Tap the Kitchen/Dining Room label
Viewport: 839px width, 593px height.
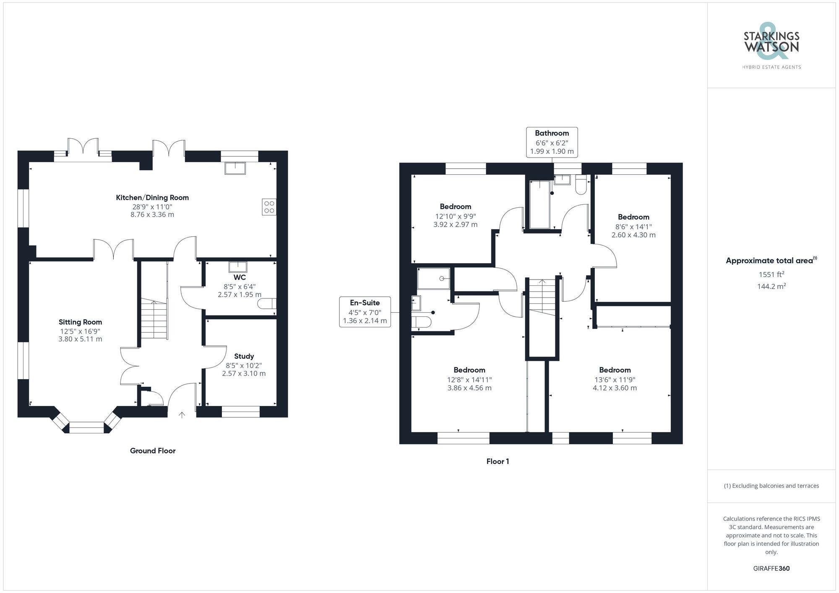pos(152,197)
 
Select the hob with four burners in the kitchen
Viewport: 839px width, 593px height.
pos(269,207)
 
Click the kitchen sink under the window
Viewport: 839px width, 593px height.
pos(235,168)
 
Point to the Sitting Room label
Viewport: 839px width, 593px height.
pos(80,322)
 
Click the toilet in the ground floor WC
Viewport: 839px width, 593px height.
pos(267,303)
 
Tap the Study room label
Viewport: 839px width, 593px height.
pos(244,356)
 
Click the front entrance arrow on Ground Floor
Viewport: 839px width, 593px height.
pos(182,415)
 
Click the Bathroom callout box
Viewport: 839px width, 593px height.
pos(552,142)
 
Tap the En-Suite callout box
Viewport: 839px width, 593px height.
pos(365,312)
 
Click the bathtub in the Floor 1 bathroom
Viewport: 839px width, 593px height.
pos(539,205)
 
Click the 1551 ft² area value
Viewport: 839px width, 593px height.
pos(771,274)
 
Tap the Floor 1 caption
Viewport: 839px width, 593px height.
pos(498,461)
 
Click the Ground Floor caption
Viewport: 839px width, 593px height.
pos(153,451)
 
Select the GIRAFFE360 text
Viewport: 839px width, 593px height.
pos(771,568)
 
